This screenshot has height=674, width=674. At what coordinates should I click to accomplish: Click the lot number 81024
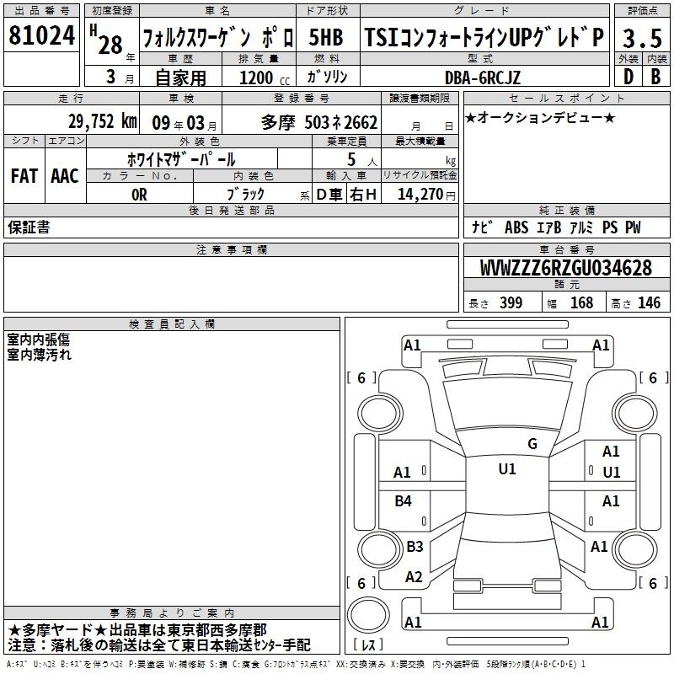point(41,35)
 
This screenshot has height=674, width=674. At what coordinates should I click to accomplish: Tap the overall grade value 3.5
point(642,38)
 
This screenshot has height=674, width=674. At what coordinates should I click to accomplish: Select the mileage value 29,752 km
point(102,121)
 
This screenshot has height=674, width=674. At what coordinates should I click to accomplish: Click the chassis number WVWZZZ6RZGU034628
point(565,268)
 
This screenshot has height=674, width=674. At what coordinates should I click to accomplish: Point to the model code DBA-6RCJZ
point(482,78)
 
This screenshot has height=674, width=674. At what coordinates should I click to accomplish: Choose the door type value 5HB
point(326,38)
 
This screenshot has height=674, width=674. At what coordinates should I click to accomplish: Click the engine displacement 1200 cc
point(265,78)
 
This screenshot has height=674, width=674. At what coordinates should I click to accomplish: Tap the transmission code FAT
point(24,176)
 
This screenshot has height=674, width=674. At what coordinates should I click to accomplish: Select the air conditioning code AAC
point(65,176)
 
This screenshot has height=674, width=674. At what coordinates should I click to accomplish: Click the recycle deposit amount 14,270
point(420,195)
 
